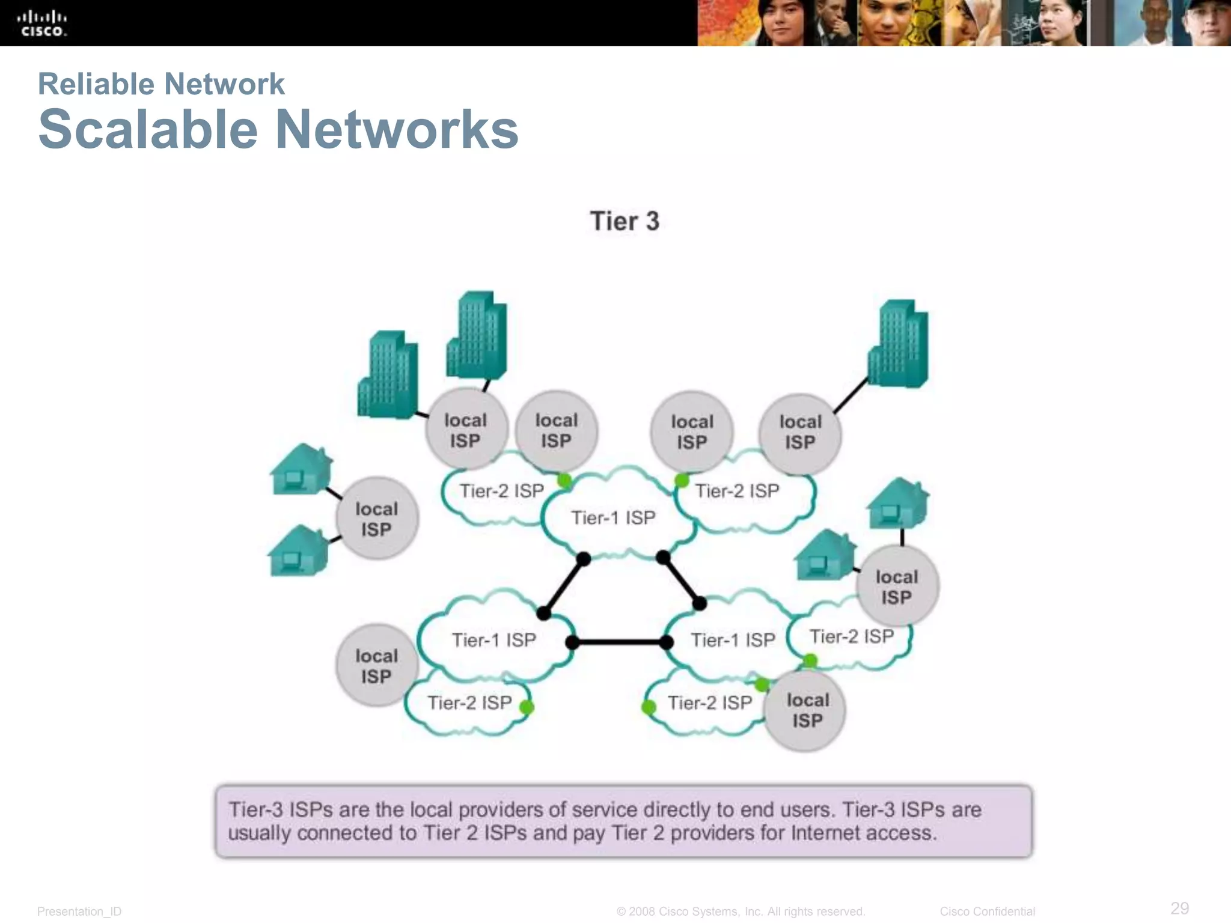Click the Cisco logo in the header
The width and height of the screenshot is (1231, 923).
41,23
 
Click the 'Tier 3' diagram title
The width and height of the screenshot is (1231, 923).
625,221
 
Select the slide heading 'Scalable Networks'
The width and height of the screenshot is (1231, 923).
278,129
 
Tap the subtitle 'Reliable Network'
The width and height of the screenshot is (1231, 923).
161,84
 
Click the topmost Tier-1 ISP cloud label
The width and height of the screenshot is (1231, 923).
612,517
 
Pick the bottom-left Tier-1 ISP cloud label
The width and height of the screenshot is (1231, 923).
493,640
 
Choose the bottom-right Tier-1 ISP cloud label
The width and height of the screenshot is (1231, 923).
733,640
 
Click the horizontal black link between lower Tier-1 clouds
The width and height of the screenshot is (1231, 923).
619,642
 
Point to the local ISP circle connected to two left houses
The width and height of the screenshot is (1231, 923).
377,519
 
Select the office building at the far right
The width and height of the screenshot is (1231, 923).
898,344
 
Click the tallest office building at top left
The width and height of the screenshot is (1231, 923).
477,335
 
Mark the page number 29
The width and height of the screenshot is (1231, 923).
1179,908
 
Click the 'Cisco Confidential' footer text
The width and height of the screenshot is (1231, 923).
987,912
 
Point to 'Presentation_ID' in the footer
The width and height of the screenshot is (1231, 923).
79,912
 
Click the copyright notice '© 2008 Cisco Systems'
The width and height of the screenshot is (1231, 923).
741,912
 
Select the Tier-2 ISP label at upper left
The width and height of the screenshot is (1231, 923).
501,491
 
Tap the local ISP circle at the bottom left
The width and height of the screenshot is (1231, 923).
376,666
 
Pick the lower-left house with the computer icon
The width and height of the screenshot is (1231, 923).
298,551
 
